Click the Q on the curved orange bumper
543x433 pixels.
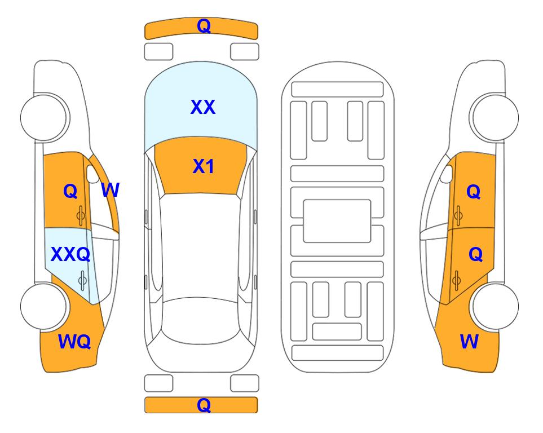click(204, 26)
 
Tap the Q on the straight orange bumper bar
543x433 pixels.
click(204, 405)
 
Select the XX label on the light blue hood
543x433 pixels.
click(203, 107)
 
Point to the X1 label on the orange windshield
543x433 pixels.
click(204, 166)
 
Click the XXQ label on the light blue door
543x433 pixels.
click(70, 255)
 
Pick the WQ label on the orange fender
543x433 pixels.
click(74, 342)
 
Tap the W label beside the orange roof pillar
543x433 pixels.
click(111, 190)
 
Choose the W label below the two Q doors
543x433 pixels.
click(469, 342)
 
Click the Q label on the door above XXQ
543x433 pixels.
click(70, 191)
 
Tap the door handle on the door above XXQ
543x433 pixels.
click(81, 216)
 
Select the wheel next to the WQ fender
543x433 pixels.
click(43, 306)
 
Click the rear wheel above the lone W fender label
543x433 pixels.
click(495, 306)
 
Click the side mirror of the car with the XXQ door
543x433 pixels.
click(92, 174)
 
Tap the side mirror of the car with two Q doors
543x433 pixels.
click(447, 174)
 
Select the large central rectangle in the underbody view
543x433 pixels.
click(337, 221)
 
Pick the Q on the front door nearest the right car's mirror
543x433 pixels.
click(474, 192)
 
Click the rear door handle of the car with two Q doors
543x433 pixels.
click(457, 280)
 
